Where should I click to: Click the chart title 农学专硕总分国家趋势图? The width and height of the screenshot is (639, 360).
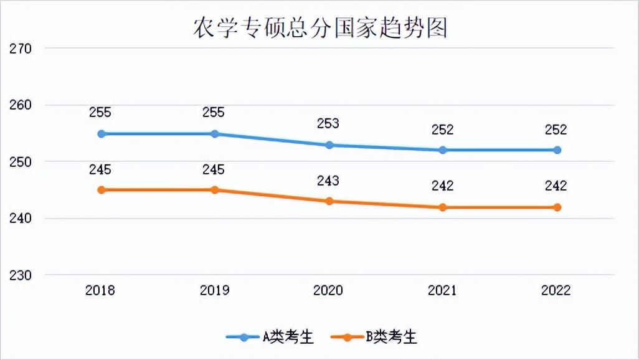point(319,27)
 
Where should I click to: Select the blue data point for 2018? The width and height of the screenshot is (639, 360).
point(101,134)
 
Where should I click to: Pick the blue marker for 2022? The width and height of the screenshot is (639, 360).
point(557,150)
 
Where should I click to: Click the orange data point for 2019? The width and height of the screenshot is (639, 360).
point(215,190)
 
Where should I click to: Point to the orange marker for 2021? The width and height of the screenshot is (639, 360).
point(442,207)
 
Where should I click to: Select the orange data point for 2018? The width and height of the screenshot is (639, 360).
point(101,190)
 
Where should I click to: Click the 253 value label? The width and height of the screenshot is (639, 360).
point(328,123)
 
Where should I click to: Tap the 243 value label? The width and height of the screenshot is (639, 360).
point(328,181)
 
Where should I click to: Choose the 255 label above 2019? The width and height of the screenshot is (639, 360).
point(214,113)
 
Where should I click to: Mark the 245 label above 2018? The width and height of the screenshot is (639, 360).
point(100,169)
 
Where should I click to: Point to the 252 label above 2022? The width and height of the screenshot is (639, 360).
point(556,130)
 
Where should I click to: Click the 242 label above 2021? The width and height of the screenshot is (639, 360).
point(442,186)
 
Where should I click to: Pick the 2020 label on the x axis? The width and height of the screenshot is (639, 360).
point(328,290)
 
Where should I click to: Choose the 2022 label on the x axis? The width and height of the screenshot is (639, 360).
point(556,290)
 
